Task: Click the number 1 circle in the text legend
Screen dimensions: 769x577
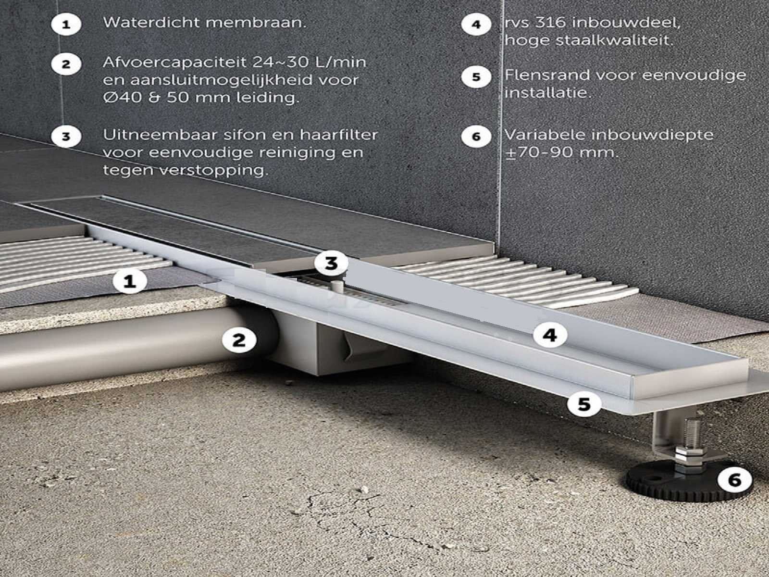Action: [66, 25]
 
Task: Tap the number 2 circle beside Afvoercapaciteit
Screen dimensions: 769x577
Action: [66, 64]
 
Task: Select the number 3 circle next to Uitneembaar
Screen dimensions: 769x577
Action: [66, 136]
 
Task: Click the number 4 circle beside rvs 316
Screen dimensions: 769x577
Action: [476, 25]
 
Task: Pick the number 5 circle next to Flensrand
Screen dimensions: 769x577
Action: [476, 77]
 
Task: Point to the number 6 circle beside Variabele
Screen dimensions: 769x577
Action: [476, 136]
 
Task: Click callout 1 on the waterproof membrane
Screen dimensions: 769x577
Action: [130, 281]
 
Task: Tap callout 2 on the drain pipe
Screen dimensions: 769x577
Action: [239, 339]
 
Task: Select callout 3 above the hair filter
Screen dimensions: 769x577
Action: [331, 263]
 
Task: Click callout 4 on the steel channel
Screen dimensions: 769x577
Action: [550, 335]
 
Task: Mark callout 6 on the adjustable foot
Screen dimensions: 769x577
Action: [735, 479]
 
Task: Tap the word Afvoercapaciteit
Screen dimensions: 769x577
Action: [174, 63]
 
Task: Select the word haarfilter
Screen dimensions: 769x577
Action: [339, 135]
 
